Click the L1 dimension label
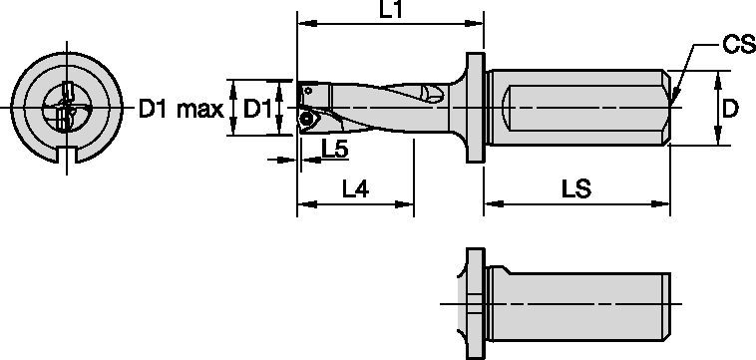(390, 10)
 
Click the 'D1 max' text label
(180, 109)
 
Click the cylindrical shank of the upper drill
(578, 108)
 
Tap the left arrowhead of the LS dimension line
(490, 206)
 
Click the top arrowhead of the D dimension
(718, 76)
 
